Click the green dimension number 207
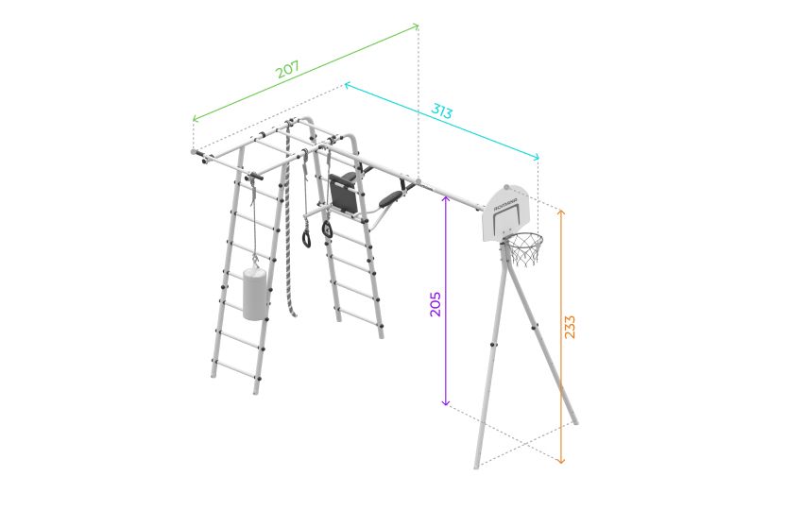287,69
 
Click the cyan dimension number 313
441,110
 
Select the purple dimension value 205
435,304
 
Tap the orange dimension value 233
570,327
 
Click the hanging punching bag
254,294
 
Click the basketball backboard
506,214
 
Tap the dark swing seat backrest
343,194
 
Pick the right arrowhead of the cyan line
537,157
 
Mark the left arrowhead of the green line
196,119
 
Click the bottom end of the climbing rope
295,314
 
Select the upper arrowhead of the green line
416,25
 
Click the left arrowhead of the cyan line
348,84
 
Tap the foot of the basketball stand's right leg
575,422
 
